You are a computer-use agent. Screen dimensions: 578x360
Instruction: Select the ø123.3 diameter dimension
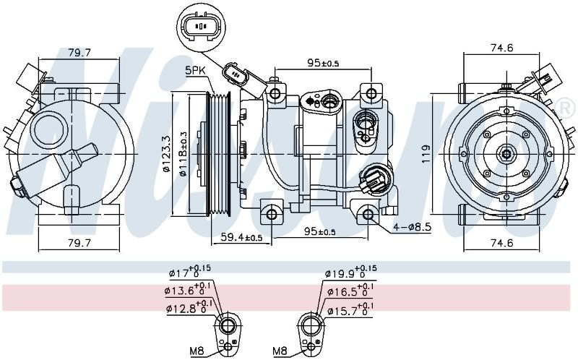tap(166, 154)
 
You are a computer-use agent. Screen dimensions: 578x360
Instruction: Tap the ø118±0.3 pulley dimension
tap(182, 154)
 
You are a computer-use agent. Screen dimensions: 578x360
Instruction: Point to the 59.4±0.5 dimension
tap(241, 237)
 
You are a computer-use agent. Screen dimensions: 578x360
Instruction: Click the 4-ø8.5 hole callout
tap(412, 227)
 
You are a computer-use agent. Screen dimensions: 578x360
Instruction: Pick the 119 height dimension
tap(426, 154)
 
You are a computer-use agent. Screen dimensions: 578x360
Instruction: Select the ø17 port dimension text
tap(190, 273)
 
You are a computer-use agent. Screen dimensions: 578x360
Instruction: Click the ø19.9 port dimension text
tap(351, 273)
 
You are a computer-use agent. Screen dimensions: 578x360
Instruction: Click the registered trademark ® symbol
tap(568, 106)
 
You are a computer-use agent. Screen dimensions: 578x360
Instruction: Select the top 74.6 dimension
tap(501, 48)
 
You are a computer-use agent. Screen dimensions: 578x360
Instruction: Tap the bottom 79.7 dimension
tap(79, 242)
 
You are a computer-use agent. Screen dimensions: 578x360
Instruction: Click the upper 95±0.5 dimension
tap(323, 63)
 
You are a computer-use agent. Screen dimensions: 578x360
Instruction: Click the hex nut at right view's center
tap(506, 154)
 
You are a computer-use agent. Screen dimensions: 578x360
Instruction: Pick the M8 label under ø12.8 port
tap(197, 351)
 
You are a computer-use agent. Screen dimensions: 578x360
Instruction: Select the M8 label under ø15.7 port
tap(280, 351)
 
